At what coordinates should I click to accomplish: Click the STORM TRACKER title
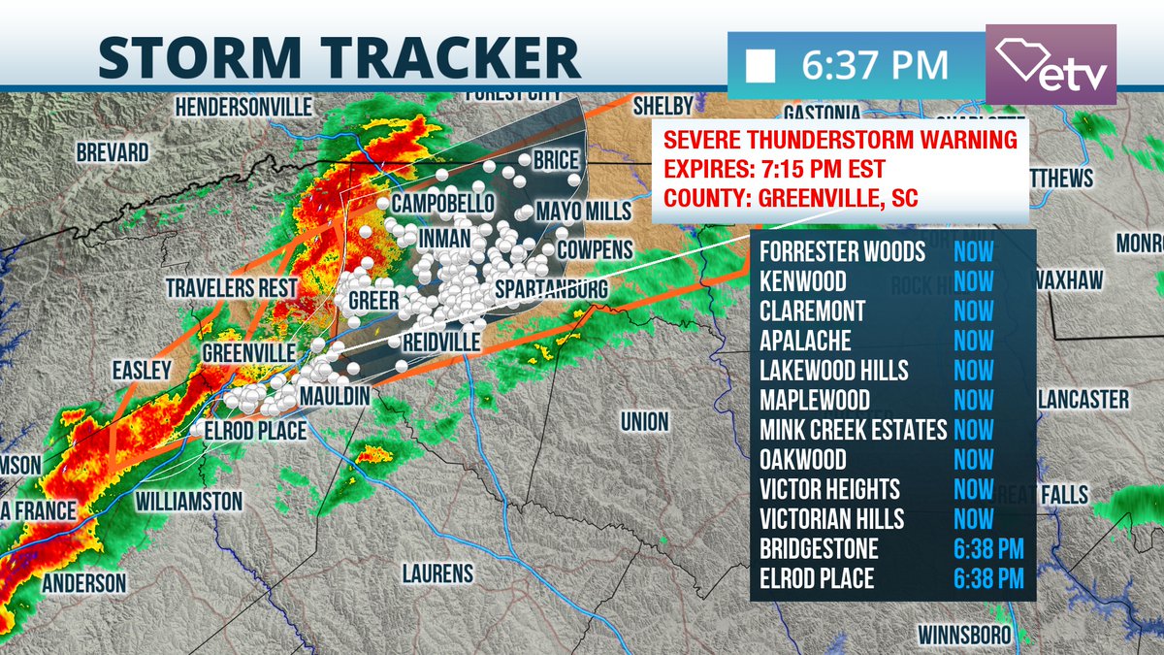pyautogui.click(x=339, y=56)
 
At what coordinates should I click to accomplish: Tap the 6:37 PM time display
pyautogui.click(x=874, y=65)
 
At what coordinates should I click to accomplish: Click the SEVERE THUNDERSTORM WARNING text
pyautogui.click(x=840, y=139)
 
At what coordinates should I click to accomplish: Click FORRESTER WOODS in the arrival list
pyautogui.click(x=842, y=252)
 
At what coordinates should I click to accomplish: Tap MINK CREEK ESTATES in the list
pyautogui.click(x=853, y=430)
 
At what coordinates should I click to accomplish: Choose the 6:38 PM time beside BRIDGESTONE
pyautogui.click(x=987, y=548)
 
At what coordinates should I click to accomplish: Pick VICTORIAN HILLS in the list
pyautogui.click(x=832, y=518)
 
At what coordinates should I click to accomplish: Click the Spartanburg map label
pyautogui.click(x=551, y=290)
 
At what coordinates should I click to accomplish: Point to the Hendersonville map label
pyautogui.click(x=243, y=105)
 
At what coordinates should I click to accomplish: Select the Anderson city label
pyautogui.click(x=84, y=583)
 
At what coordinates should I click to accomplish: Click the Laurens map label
pyautogui.click(x=437, y=573)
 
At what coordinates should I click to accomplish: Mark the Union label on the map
pyautogui.click(x=645, y=421)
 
